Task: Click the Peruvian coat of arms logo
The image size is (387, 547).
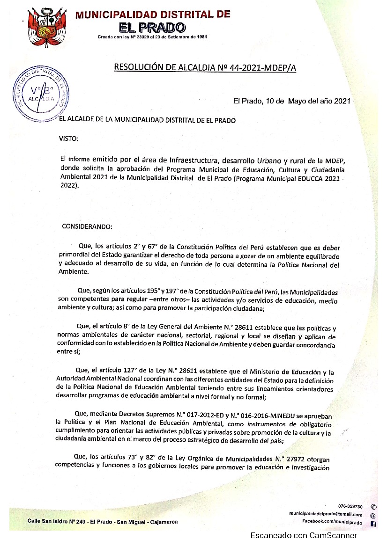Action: tap(45, 27)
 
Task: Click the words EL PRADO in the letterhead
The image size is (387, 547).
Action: tap(152, 28)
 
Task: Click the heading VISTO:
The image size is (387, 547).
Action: tap(68, 139)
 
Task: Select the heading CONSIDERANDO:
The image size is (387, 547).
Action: tap(87, 226)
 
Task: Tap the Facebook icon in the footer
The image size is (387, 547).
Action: tap(373, 523)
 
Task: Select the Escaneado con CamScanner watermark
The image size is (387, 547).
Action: tap(304, 536)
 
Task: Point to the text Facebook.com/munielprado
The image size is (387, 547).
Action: tap(332, 521)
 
